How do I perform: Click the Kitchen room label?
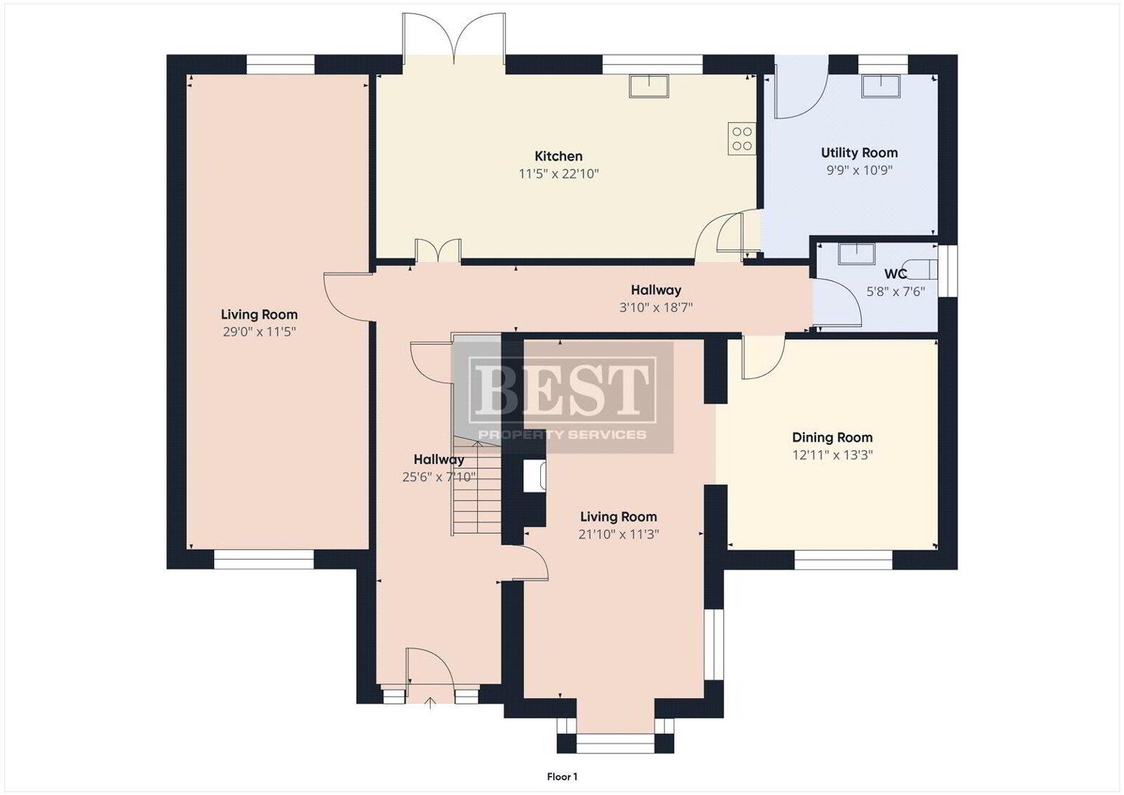tap(558, 156)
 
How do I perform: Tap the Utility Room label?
tap(859, 152)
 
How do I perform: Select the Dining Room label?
tap(832, 437)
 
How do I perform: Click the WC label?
tap(895, 274)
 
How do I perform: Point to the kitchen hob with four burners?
tap(742, 138)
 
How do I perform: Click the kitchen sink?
tap(648, 86)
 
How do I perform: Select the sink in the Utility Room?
tap(881, 86)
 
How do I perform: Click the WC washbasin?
tap(856, 254)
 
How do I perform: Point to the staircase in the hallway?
tap(477, 484)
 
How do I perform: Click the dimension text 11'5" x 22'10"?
tap(559, 174)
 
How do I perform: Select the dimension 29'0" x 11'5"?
tap(259, 332)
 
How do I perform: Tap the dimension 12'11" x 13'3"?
tap(833, 455)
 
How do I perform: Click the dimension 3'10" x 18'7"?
tap(656, 307)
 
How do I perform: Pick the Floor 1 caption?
tap(562, 777)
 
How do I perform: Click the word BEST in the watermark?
tap(562, 389)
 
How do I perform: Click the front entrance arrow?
tap(431, 703)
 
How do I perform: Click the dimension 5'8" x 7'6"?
tap(895, 291)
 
